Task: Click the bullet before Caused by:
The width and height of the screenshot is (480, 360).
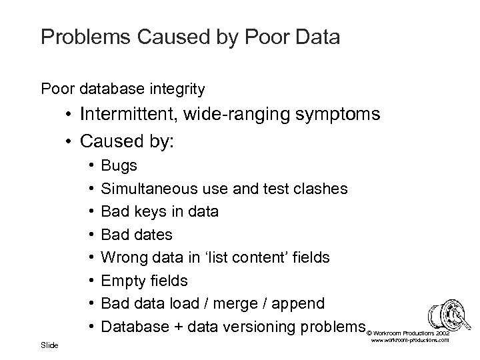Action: coord(69,141)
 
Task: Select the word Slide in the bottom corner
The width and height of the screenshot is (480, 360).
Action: coord(49,345)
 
